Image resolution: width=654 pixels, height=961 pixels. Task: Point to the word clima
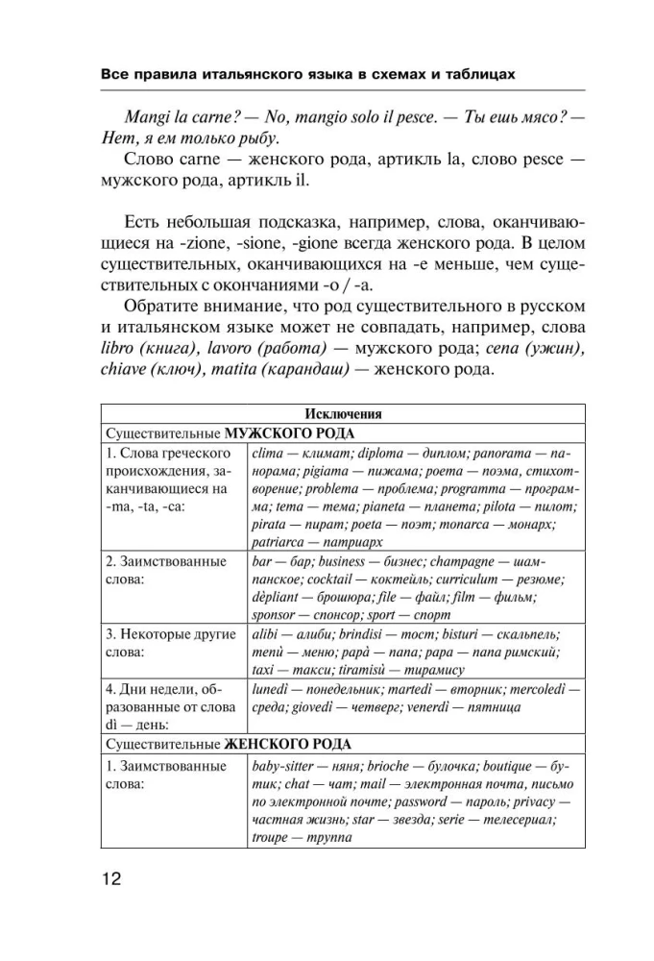point(266,453)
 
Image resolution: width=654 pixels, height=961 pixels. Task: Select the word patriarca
point(279,542)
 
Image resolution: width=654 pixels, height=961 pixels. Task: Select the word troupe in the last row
point(270,836)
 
